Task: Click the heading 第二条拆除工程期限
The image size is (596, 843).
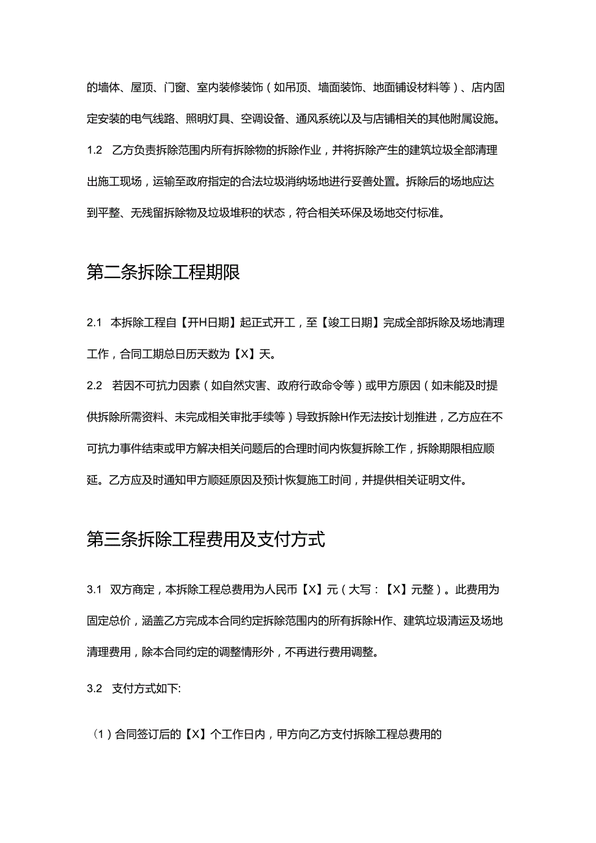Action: click(163, 273)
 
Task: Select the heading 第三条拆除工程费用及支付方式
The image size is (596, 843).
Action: click(205, 540)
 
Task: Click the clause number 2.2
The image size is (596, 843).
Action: click(95, 386)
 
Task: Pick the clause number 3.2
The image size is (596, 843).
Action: click(95, 689)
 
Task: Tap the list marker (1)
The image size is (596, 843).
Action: click(103, 735)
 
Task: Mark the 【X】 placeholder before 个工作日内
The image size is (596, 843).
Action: click(191, 735)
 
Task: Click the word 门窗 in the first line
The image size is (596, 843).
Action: click(175, 87)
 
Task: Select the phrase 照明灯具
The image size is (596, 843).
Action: click(207, 119)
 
